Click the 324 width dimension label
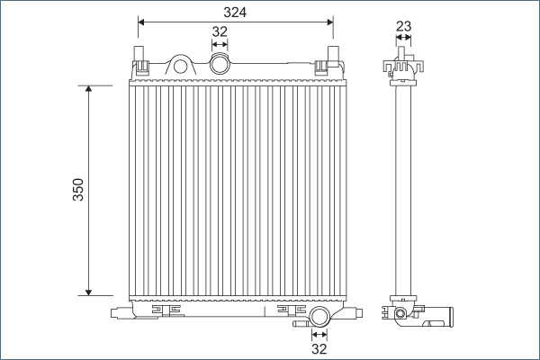236,11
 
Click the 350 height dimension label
78,190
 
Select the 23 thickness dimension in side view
403,27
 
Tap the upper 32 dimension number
219,31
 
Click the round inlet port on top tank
219,64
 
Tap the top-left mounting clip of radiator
141,62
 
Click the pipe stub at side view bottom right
444,316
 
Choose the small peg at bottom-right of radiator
357,314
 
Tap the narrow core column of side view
402,189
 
